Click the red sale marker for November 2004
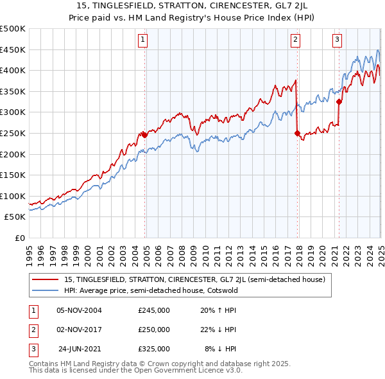click(x=144, y=135)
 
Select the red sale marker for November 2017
click(x=297, y=133)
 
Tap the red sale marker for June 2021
click(x=339, y=101)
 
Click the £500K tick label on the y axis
click(x=13, y=29)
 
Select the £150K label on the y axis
click(x=13, y=175)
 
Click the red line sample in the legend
click(x=46, y=279)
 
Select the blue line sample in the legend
click(x=46, y=290)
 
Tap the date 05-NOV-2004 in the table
click(x=79, y=310)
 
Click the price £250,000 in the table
click(x=154, y=330)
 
